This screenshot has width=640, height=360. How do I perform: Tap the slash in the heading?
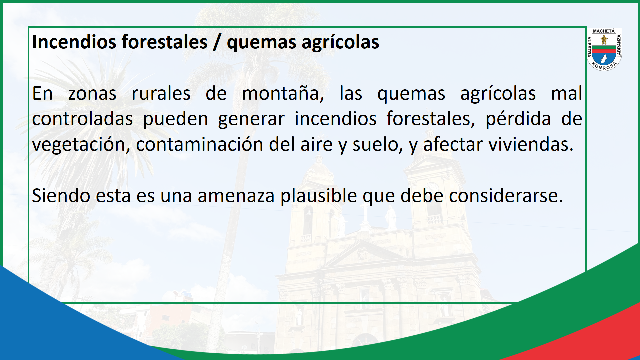coord(217,42)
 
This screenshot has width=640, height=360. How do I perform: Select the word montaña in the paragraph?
coord(283,93)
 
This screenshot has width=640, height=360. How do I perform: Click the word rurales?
coord(161,93)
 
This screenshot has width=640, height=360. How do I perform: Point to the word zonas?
coord(92,94)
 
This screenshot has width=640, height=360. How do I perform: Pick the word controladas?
coord(82,119)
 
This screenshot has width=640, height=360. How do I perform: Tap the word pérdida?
coord(518,119)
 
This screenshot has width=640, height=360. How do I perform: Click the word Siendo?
coord(61,196)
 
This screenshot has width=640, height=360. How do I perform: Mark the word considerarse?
coord(506,196)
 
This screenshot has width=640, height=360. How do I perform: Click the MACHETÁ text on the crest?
coord(604,31)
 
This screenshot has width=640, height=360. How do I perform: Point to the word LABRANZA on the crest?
coord(619,46)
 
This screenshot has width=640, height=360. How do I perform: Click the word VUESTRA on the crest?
coord(589,47)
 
